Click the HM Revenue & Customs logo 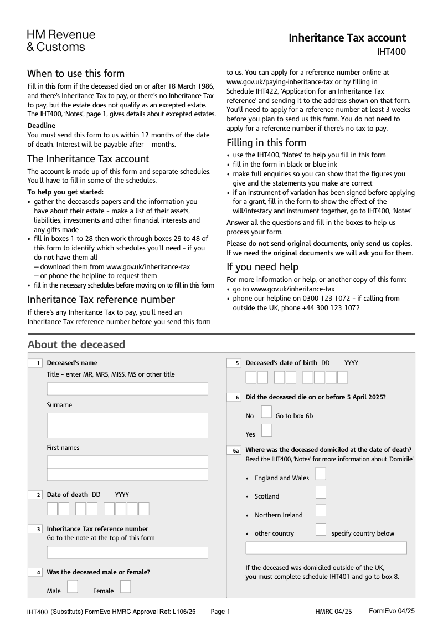(61, 40)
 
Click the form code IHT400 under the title (391, 52)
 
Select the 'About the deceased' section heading (76, 345)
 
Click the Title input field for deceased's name (127, 388)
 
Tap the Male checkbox (73, 586)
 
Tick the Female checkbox (126, 586)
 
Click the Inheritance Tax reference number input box (127, 552)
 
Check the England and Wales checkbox (321, 474)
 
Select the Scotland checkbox (321, 492)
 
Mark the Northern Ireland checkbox (321, 511)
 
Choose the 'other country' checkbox (321, 529)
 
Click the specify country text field (326, 548)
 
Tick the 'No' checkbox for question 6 (266, 412)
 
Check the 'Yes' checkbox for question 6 (266, 430)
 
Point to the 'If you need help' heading (262, 267)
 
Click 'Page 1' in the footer (220, 612)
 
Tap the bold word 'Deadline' (42, 126)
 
